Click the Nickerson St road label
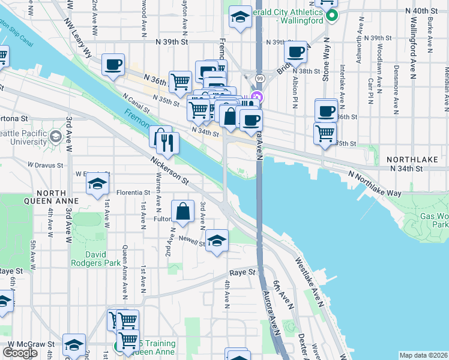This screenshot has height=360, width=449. pos(170,170)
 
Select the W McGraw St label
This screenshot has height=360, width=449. pos(29,344)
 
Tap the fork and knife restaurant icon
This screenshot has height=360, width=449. pos(167,143)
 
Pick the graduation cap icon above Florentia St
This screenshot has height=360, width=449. pos(97,187)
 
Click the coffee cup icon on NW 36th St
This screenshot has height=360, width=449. pos(113,65)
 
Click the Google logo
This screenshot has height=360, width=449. pos(20,353)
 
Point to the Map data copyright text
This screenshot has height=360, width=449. pos(424,355)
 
